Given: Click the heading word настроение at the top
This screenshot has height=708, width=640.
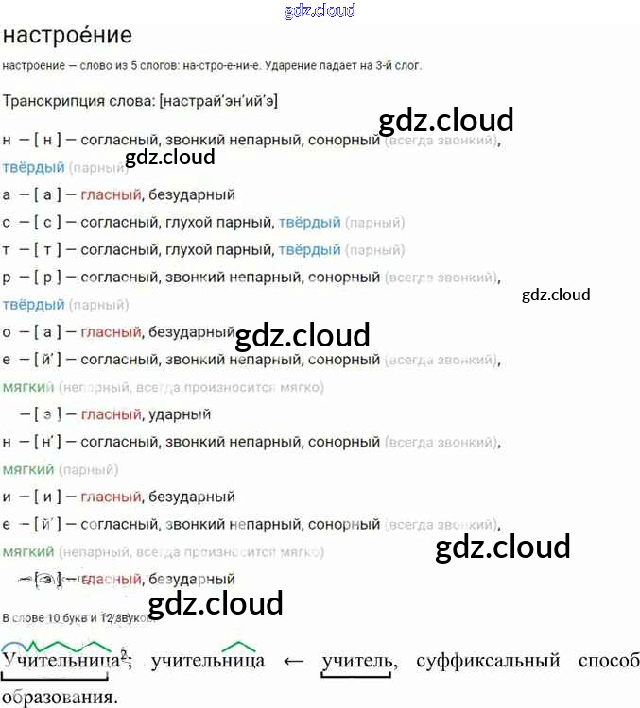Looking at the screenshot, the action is pos(67,36).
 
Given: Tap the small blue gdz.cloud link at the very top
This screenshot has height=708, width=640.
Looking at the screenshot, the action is pos(320,10).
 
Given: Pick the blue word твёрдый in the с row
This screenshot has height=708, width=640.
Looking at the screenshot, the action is pos(309,223).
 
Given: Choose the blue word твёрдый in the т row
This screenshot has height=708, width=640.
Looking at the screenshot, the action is pos(309,250).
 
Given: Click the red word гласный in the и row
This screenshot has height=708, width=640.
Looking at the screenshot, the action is pos(111,497).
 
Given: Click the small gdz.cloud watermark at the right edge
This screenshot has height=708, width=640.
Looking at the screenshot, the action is pos(556,295).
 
